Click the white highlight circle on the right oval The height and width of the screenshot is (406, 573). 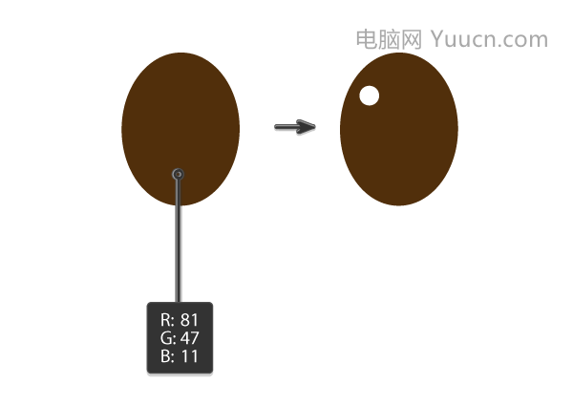(x=369, y=96)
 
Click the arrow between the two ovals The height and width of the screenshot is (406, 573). (x=295, y=127)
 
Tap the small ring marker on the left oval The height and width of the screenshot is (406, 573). (x=178, y=174)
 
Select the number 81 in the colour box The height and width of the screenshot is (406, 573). (x=189, y=320)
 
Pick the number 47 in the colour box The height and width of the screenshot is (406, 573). (x=189, y=338)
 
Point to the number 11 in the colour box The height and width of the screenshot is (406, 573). (x=189, y=356)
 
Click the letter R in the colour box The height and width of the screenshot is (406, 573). (x=165, y=320)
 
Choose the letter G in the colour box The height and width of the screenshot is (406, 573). (x=165, y=338)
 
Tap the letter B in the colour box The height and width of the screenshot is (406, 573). (x=165, y=356)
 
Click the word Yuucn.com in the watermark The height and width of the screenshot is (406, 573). (x=489, y=39)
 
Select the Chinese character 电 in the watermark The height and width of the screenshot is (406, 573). (x=367, y=39)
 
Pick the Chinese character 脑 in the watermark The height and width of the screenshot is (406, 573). (x=390, y=39)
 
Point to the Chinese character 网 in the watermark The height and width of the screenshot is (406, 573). (x=412, y=39)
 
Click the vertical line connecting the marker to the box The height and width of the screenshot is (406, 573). (x=178, y=241)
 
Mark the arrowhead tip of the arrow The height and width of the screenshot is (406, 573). (x=315, y=127)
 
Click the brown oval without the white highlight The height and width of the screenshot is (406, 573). (x=180, y=129)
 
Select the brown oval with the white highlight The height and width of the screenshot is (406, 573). (x=399, y=129)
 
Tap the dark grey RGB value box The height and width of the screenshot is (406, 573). (x=180, y=338)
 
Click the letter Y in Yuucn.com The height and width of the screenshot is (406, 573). (x=437, y=39)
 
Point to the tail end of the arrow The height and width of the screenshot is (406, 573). (x=276, y=127)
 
